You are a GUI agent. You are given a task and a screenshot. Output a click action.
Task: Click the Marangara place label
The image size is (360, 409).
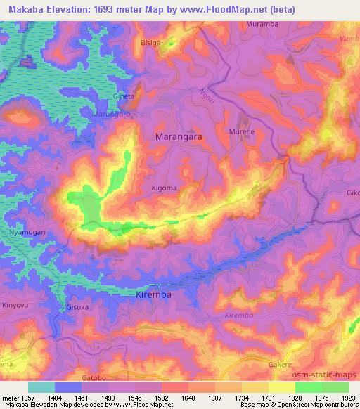pyautogui.click(x=178, y=138)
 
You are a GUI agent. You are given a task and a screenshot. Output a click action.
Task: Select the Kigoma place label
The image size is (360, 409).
pyautogui.click(x=164, y=188)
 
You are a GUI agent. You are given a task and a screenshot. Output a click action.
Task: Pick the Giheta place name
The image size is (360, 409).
pyautogui.click(x=124, y=96)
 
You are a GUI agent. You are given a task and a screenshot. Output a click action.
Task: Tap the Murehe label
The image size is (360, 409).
pyautogui.click(x=241, y=131)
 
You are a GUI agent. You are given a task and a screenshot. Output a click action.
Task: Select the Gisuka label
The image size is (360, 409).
pyautogui.click(x=77, y=307)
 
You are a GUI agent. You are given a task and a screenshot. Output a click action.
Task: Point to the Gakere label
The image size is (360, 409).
pyautogui.click(x=280, y=365)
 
